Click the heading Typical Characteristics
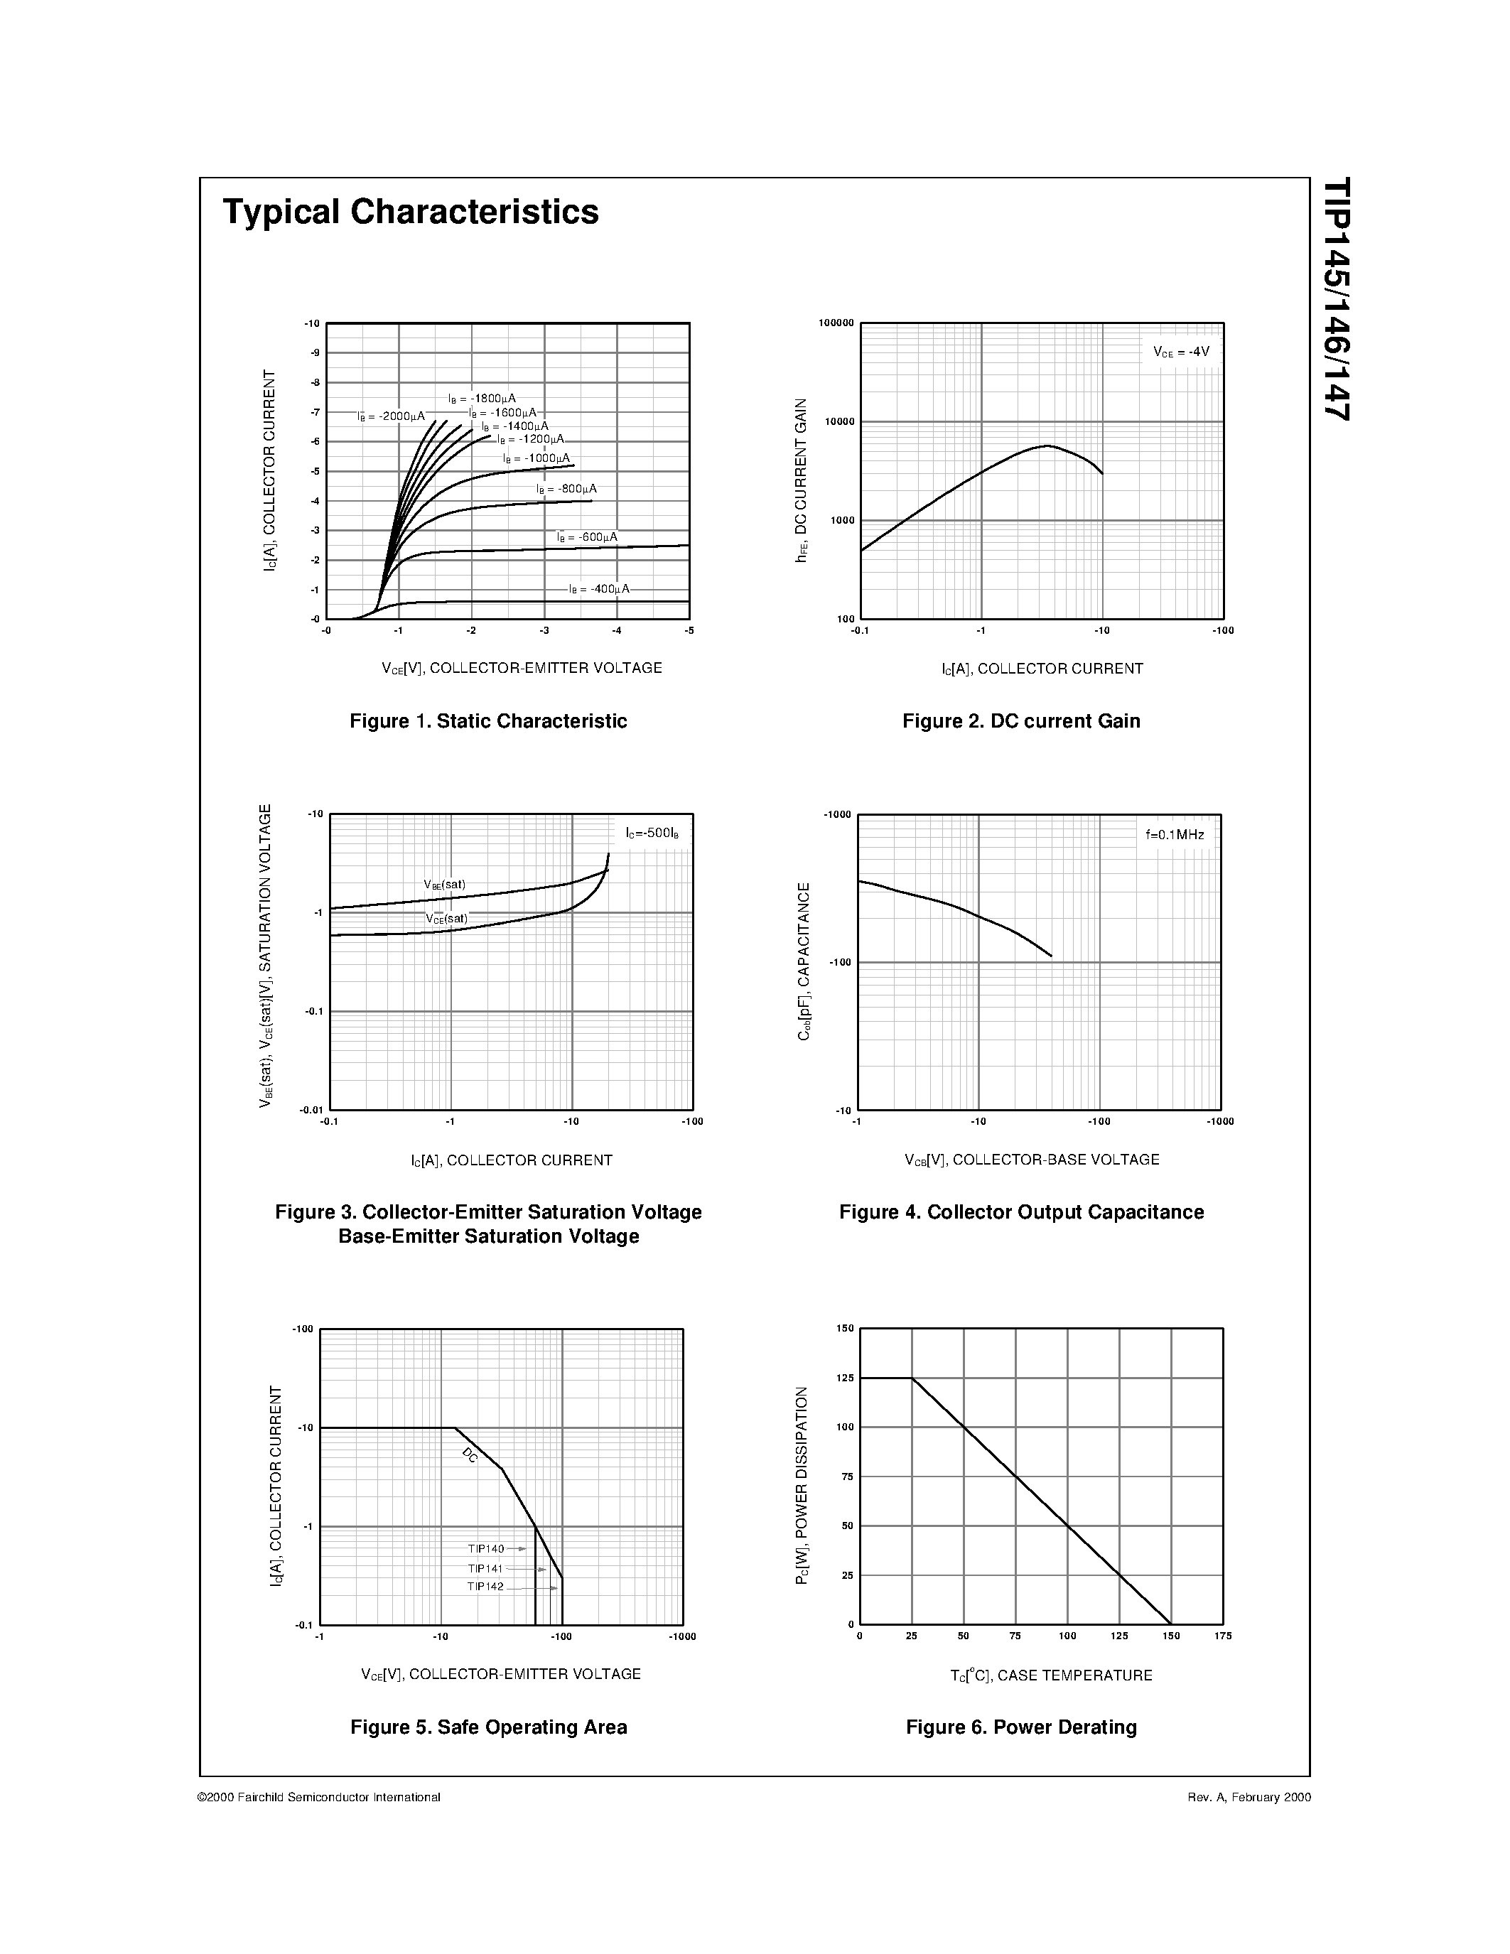411,212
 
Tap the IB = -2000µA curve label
391,416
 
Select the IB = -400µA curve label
599,589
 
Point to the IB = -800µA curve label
566,490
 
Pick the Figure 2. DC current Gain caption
1020,721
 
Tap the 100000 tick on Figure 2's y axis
836,323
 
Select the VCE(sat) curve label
446,918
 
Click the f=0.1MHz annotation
1175,835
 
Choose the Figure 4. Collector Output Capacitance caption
1020,1212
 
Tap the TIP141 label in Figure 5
486,1568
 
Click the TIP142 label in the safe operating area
486,1586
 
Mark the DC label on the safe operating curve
470,1456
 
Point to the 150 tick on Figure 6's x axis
1171,1636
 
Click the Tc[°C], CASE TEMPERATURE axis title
1051,1675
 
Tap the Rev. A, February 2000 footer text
1249,1796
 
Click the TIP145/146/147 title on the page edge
1337,299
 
